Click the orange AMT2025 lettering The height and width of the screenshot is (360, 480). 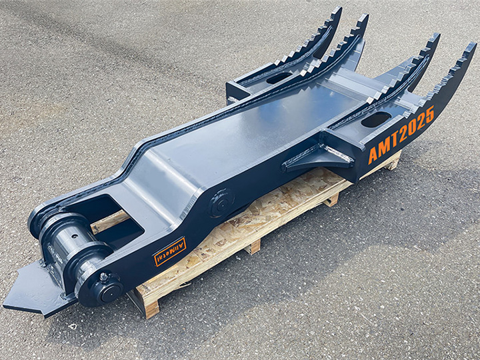tap(401, 135)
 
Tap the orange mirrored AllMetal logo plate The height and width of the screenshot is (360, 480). tap(169, 251)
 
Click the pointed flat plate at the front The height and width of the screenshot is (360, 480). tap(37, 289)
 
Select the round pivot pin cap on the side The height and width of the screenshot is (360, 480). tap(221, 203)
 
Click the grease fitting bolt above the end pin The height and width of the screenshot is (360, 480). tap(103, 277)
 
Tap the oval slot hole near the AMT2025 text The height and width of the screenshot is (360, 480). tap(376, 119)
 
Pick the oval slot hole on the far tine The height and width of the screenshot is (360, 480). tap(279, 78)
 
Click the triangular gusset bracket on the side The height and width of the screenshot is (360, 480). tap(319, 157)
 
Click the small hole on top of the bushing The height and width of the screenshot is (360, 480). tap(75, 236)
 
